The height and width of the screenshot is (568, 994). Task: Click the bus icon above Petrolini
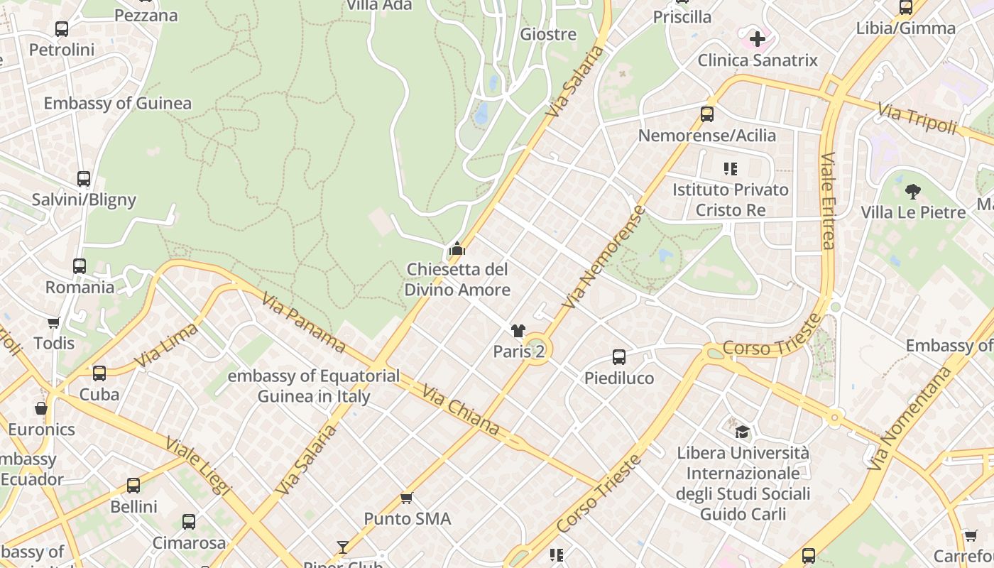pyautogui.click(x=62, y=29)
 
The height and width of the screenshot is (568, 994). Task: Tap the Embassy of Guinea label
pyautogui.click(x=117, y=103)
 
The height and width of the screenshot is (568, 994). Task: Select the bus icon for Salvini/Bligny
pyautogui.click(x=84, y=179)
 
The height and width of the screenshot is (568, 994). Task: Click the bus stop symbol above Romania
pyautogui.click(x=80, y=266)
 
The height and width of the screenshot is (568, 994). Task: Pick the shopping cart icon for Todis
pyautogui.click(x=54, y=322)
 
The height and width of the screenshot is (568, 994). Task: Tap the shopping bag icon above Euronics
pyautogui.click(x=41, y=408)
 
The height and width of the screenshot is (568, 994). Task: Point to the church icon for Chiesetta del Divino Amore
pyautogui.click(x=457, y=248)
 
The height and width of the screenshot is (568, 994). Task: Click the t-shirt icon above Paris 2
pyautogui.click(x=518, y=330)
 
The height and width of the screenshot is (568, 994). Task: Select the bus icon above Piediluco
pyautogui.click(x=619, y=357)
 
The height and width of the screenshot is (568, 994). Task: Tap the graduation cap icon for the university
pyautogui.click(x=742, y=432)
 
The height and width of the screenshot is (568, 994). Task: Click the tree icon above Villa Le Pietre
pyautogui.click(x=913, y=191)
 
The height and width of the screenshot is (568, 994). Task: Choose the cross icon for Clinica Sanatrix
pyautogui.click(x=758, y=38)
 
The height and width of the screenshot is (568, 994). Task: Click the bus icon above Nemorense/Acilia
pyautogui.click(x=706, y=114)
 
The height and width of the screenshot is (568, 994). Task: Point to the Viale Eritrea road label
pyautogui.click(x=828, y=201)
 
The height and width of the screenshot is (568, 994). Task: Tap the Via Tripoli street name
pyautogui.click(x=917, y=119)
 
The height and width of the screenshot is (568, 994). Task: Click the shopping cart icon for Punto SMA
pyautogui.click(x=407, y=498)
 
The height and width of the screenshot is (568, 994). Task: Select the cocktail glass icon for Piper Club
pyautogui.click(x=343, y=547)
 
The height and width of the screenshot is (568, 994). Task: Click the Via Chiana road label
pyautogui.click(x=461, y=410)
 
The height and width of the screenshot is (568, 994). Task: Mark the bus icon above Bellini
pyautogui.click(x=133, y=486)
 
